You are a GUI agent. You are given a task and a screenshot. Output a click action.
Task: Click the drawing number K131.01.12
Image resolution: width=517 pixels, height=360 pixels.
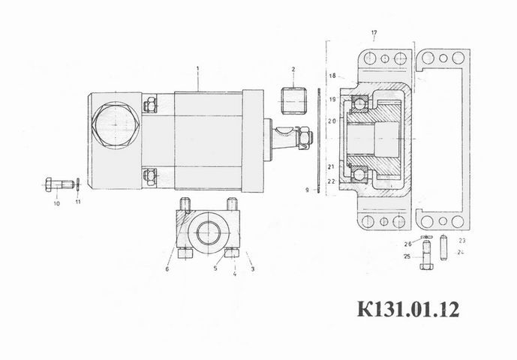[x=408, y=309]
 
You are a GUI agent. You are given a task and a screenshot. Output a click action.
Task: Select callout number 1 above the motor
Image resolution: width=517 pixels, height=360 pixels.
[x=198, y=68]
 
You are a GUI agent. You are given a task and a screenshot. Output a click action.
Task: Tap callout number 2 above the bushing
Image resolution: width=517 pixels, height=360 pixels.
[x=293, y=69]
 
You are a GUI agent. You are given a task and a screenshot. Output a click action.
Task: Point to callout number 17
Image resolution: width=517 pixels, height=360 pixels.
[x=374, y=33]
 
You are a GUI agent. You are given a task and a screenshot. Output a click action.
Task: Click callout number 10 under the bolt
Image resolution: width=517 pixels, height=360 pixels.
[x=57, y=203]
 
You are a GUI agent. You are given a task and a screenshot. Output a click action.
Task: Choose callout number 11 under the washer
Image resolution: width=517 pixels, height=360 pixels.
[x=78, y=202]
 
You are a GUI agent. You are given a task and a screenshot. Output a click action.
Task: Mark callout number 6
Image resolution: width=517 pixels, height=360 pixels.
[x=167, y=269]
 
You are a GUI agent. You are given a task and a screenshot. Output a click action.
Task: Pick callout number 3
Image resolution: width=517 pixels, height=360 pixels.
[x=253, y=269]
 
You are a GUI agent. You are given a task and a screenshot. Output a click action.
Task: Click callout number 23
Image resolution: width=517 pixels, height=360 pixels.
[x=462, y=241]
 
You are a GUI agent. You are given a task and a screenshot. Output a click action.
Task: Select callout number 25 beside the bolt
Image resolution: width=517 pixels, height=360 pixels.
[x=407, y=256]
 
